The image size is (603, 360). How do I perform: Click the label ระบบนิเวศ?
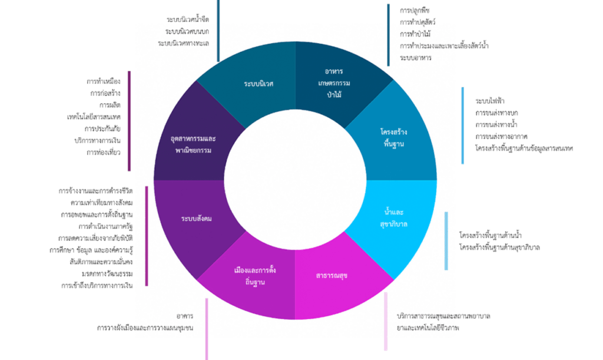[x=259, y=83]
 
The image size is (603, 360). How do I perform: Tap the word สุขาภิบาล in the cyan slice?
[x=395, y=223]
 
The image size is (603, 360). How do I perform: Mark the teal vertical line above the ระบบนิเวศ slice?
[x=218, y=29]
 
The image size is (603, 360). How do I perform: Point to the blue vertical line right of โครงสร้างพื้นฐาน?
[x=463, y=125]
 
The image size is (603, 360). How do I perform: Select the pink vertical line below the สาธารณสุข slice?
[x=386, y=321]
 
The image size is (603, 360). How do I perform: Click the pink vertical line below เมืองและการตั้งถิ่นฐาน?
[x=207, y=328]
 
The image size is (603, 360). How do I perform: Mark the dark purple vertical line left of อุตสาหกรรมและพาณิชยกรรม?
[x=129, y=121]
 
